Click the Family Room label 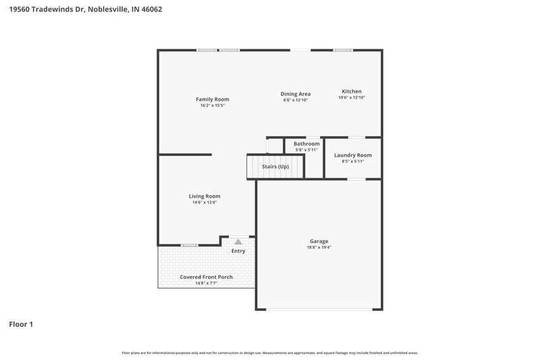tap(212, 99)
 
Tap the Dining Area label tap(296, 94)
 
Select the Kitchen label tap(351, 91)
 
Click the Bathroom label tap(306, 144)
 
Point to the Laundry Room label tap(352, 155)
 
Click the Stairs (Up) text tap(275, 166)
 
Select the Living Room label tap(204, 196)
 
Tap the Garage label tap(319, 241)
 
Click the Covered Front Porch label tap(206, 277)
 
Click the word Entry tap(238, 251)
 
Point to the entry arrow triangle tap(238, 241)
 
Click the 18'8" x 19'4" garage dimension tap(319, 247)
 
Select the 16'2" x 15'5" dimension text tap(212, 105)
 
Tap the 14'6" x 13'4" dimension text tap(204, 202)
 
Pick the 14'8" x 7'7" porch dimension tap(206, 283)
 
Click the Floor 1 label tap(21, 324)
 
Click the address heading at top tap(85, 9)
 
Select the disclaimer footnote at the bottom tap(269, 353)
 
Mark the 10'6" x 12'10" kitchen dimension tap(351, 97)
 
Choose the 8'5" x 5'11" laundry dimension tap(352, 161)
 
